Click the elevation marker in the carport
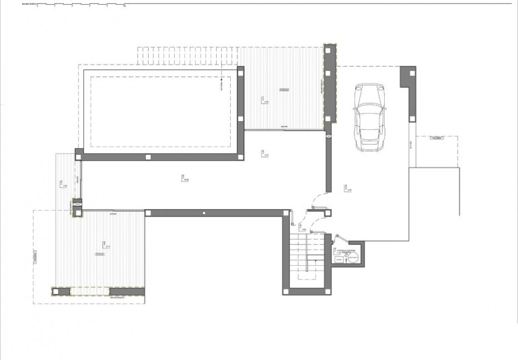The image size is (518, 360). click(x=347, y=190)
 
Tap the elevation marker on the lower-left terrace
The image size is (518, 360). click(x=105, y=245)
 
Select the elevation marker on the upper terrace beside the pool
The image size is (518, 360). click(x=264, y=101)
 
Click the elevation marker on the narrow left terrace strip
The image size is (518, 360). click(x=63, y=184)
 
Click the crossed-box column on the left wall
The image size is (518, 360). click(x=76, y=202)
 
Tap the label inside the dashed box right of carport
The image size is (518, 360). click(x=437, y=138)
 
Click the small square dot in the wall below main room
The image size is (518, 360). click(x=203, y=213)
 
